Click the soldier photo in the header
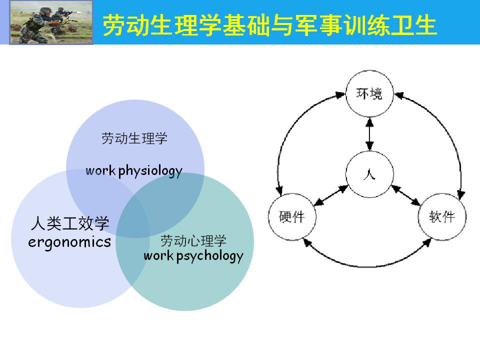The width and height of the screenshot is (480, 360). [x=51, y=22]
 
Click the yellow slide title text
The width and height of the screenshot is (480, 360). [x=269, y=25]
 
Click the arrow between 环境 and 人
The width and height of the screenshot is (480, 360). [x=369, y=134]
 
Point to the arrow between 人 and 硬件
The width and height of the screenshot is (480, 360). [x=331, y=195]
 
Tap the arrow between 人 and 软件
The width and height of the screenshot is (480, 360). [x=406, y=195]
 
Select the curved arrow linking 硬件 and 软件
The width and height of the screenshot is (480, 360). [x=367, y=266]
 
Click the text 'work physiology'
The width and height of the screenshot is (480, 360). [x=134, y=171]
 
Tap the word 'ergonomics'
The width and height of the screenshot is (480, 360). [x=69, y=242]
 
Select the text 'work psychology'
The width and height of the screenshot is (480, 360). [x=193, y=256]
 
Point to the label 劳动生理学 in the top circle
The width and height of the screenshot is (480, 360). [x=134, y=138]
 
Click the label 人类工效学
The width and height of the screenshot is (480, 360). [x=70, y=223]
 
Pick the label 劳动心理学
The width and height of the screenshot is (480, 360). [x=193, y=240]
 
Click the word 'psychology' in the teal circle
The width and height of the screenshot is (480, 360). [x=210, y=256]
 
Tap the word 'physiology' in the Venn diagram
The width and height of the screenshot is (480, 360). [x=150, y=171]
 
